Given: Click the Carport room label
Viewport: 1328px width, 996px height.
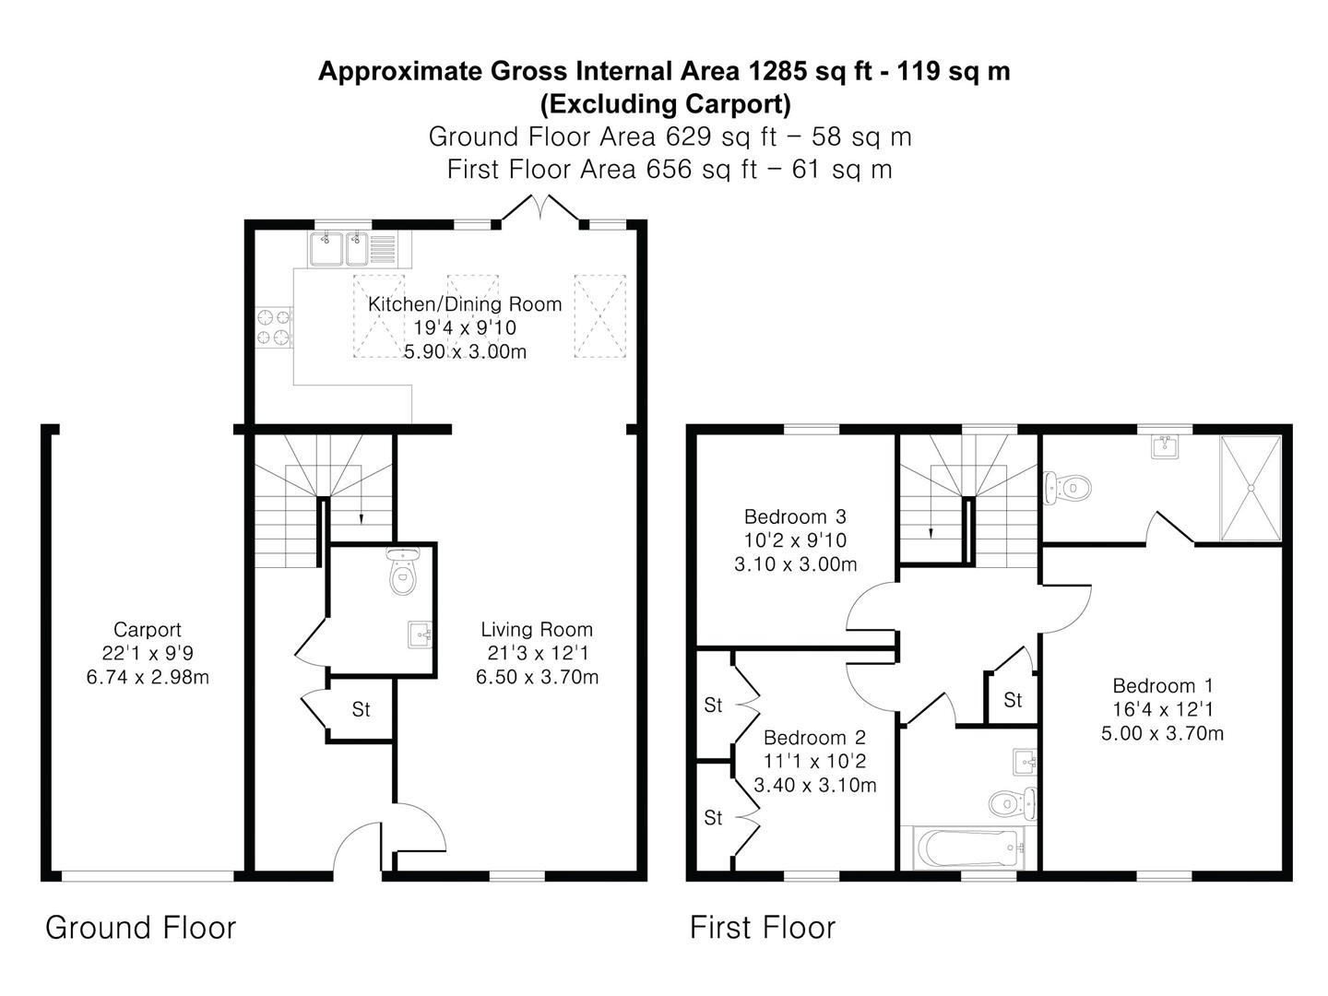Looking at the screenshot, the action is pos(147,630).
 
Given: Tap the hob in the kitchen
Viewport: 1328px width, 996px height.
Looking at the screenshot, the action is pos(274,327).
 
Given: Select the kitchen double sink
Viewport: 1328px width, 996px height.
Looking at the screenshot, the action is pos(352,249).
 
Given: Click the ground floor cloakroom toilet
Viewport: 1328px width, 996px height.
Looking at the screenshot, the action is pos(403,571).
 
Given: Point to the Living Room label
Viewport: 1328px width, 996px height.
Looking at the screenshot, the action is pos(537,630).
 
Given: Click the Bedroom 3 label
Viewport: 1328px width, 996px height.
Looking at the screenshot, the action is pos(795,516).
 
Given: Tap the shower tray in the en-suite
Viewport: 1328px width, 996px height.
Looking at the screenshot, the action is pos(1251,488).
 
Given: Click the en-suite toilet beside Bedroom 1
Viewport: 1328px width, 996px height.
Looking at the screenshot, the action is pos(1067,488).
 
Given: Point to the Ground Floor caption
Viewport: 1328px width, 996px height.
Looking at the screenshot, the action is pos(140,928).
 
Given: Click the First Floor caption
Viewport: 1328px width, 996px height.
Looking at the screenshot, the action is pos(763,928).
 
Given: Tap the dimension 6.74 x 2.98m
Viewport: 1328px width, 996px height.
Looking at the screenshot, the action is pos(148,677).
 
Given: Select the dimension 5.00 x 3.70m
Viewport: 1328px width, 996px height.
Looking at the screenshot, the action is pos(1162,733).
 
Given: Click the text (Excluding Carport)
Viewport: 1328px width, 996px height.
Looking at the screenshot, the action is pos(665,104).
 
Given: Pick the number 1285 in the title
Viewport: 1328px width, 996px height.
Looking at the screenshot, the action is pos(777,71).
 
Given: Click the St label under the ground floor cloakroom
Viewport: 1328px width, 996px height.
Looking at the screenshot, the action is pos(361,709).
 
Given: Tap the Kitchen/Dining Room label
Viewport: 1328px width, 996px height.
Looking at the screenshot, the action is pos(465,303).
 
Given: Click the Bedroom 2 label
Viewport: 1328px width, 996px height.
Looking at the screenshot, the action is pos(814,737).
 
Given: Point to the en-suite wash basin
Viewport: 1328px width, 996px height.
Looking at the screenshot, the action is pos(1165,446).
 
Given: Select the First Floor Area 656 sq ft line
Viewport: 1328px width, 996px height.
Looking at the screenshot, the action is pos(670,170).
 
